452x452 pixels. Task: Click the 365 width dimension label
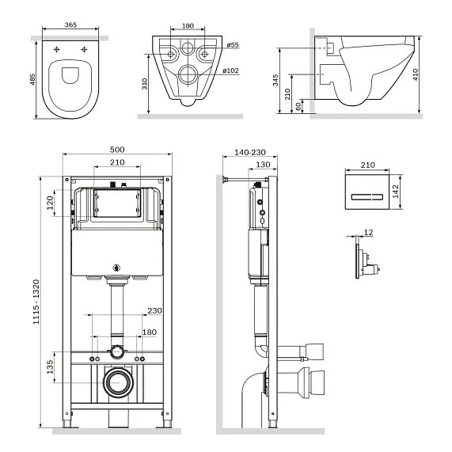click(x=70, y=25)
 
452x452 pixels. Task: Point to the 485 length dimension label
click(x=32, y=80)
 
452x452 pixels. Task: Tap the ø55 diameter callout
click(x=233, y=44)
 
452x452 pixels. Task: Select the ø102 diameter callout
click(x=231, y=70)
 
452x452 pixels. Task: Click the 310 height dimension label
click(x=144, y=84)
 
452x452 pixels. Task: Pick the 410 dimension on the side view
click(x=415, y=74)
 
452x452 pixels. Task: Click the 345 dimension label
click(x=275, y=80)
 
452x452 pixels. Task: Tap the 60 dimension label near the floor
click(x=298, y=106)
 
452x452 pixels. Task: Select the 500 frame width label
click(x=117, y=150)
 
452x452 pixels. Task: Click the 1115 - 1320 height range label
click(x=36, y=302)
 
